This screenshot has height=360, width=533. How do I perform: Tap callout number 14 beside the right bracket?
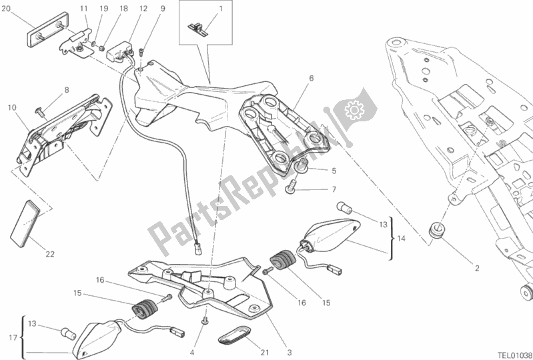399,239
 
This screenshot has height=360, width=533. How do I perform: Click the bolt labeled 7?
292,190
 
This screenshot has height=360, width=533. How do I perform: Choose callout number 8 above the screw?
67,89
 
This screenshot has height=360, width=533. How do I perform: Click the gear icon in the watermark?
353,109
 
